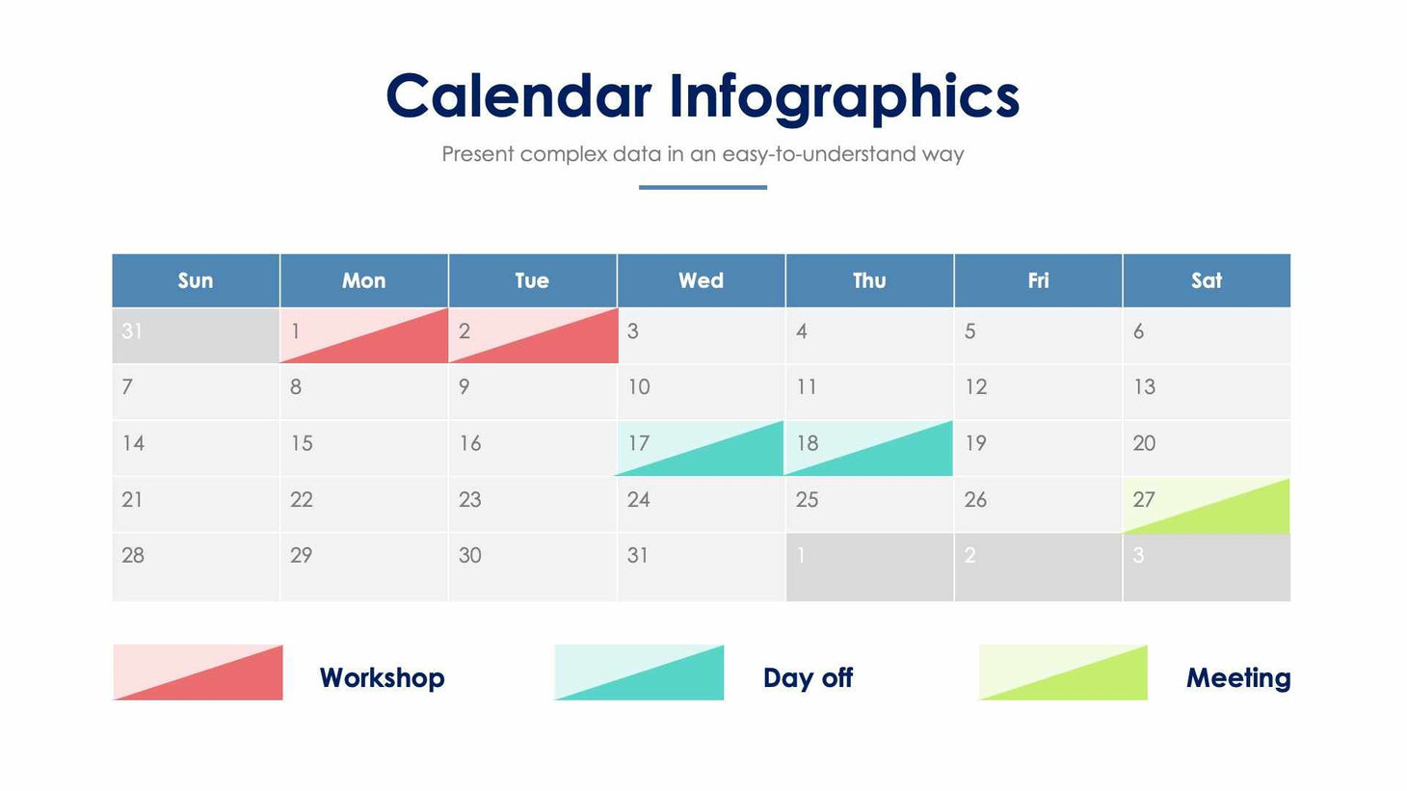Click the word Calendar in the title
coord(518,96)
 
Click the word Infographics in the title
coord(844,98)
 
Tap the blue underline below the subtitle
coord(703,187)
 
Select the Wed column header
coord(701,280)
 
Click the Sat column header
coord(1206,280)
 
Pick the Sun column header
coord(196,280)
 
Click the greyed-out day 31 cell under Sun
coord(196,335)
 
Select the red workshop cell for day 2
coord(532,335)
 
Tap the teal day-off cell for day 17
coord(701,448)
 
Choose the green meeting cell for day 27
coord(1206,505)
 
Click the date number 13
coord(1144,387)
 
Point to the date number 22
coord(302,500)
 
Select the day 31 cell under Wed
coord(701,567)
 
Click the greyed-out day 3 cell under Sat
coord(1206,567)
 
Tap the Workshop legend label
coord(382,677)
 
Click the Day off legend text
coord(808,677)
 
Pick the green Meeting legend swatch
coord(1063,672)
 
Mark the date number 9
coord(465,387)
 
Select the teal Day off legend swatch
coord(639,672)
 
